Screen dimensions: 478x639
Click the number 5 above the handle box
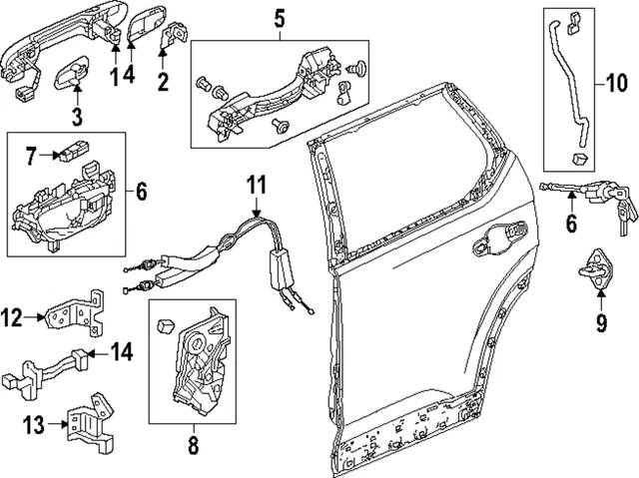pyautogui.click(x=279, y=17)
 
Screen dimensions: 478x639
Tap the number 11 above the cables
pyautogui.click(x=258, y=184)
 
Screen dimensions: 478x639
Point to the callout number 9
pyautogui.click(x=601, y=322)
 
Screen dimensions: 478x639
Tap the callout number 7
pyautogui.click(x=31, y=155)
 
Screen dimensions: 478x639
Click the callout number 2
pyautogui.click(x=164, y=79)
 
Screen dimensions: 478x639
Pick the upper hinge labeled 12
pyautogui.click(x=81, y=314)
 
